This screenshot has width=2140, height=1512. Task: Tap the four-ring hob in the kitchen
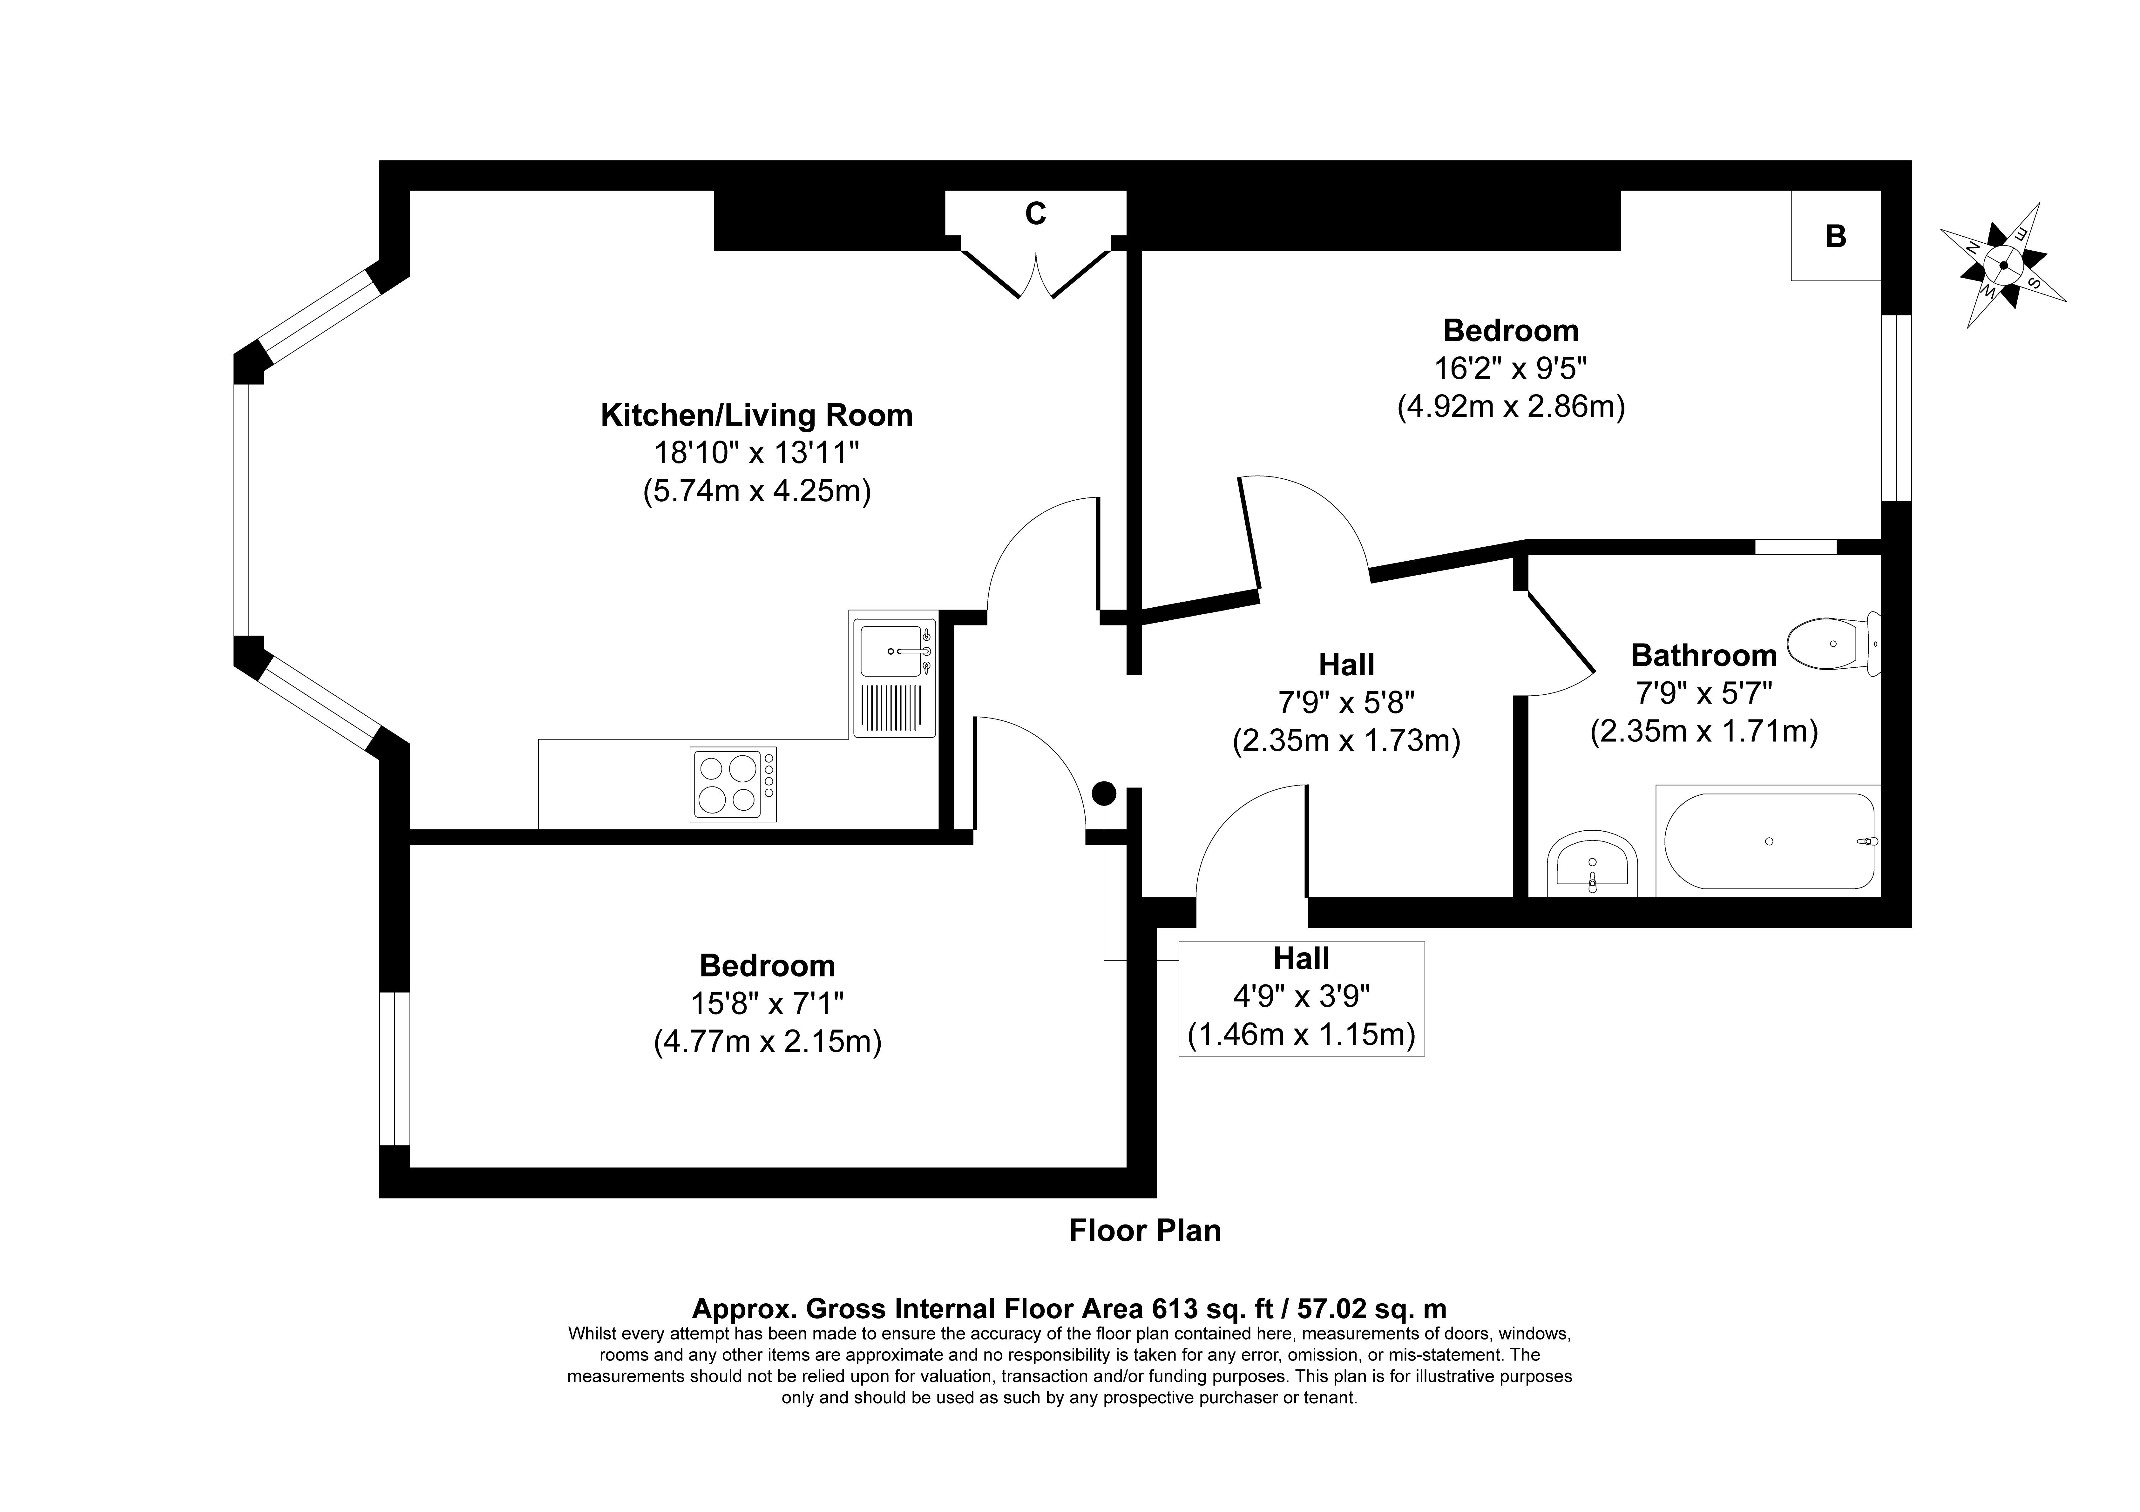pyautogui.click(x=733, y=784)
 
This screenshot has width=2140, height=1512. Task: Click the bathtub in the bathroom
pyautogui.click(x=1768, y=841)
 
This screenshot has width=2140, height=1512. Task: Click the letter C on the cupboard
pyautogui.click(x=1035, y=214)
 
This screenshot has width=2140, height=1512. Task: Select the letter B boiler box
pyautogui.click(x=1835, y=236)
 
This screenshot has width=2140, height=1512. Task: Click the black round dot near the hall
pyautogui.click(x=1104, y=793)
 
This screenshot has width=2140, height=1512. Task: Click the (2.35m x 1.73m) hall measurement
pyautogui.click(x=1346, y=741)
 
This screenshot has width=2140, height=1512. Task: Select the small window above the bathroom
pyautogui.click(x=1795, y=547)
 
